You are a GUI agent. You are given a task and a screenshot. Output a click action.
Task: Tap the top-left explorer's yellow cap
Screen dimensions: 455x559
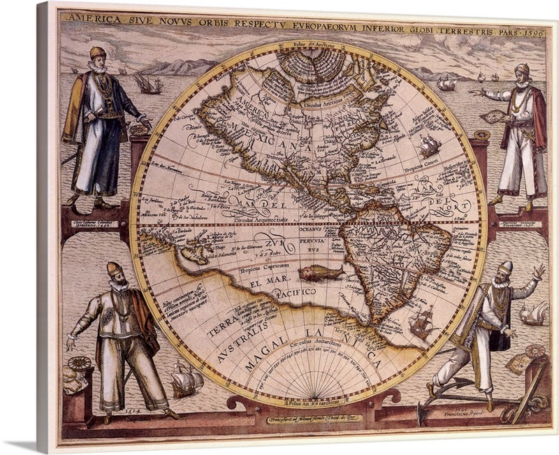point(96,53)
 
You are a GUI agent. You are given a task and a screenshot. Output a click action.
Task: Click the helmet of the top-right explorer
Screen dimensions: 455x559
point(523,69)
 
